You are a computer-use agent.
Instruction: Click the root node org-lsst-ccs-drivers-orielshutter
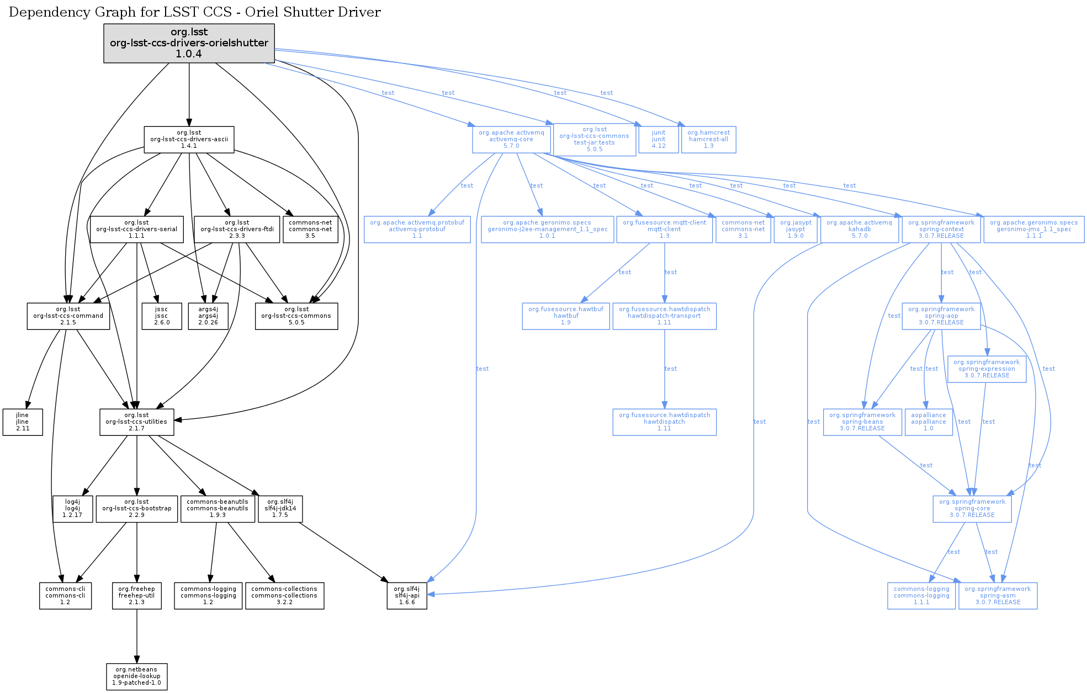(189, 43)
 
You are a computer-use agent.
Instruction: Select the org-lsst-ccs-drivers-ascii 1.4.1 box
(189, 140)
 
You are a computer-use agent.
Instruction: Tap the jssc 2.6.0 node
(161, 316)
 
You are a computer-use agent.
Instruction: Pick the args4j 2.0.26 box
(208, 316)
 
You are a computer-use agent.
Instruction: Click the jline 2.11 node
(23, 422)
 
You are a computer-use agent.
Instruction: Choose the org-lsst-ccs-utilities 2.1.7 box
(136, 422)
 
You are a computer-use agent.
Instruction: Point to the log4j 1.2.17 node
(72, 509)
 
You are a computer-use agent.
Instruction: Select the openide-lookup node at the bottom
(136, 676)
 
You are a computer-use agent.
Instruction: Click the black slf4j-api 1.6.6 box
(407, 596)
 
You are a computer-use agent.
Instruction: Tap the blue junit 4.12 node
(659, 140)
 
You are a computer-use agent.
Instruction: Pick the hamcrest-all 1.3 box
(708, 140)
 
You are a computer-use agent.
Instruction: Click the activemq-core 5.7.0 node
(511, 140)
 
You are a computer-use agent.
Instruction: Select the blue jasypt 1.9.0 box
(796, 230)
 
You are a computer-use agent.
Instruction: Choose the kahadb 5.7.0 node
(859, 230)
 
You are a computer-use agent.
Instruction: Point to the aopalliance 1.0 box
(929, 422)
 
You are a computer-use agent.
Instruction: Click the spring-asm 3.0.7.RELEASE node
(998, 596)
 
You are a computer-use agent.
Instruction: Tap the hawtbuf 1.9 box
(566, 316)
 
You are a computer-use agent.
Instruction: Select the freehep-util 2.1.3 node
(136, 596)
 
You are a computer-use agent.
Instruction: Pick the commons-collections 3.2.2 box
(284, 596)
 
